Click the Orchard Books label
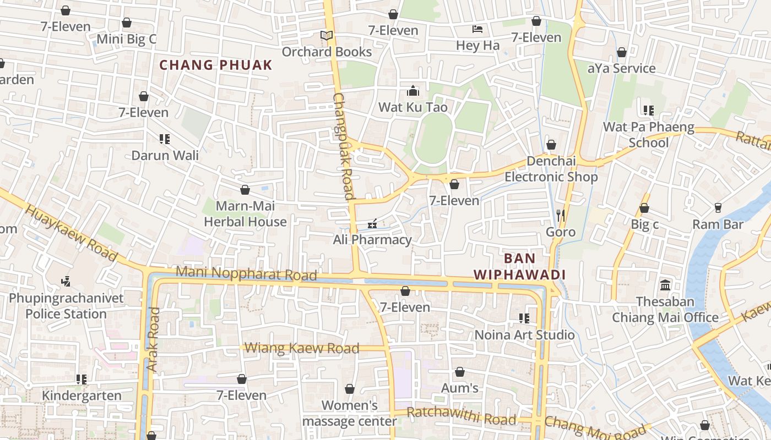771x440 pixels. click(x=327, y=52)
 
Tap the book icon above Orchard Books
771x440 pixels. click(x=327, y=36)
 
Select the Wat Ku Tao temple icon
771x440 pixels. click(x=413, y=91)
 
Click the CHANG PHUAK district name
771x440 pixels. click(x=216, y=65)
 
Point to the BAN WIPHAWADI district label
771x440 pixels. click(x=520, y=266)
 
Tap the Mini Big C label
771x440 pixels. click(x=127, y=39)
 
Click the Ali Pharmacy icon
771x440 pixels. click(x=372, y=224)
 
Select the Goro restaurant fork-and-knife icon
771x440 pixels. click(x=561, y=215)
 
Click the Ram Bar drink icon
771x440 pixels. click(x=718, y=208)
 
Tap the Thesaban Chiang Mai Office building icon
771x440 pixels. click(x=665, y=285)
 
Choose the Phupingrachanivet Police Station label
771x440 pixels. click(x=66, y=306)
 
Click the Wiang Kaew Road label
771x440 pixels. click(x=302, y=348)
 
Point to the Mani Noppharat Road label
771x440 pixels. click(x=246, y=273)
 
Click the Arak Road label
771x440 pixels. click(x=153, y=338)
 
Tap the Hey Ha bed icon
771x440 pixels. click(x=477, y=29)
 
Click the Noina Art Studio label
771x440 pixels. click(x=525, y=335)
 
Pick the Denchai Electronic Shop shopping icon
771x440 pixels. click(x=551, y=145)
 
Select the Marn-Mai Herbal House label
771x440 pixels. click(x=245, y=214)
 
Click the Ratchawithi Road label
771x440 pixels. click(x=461, y=416)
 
